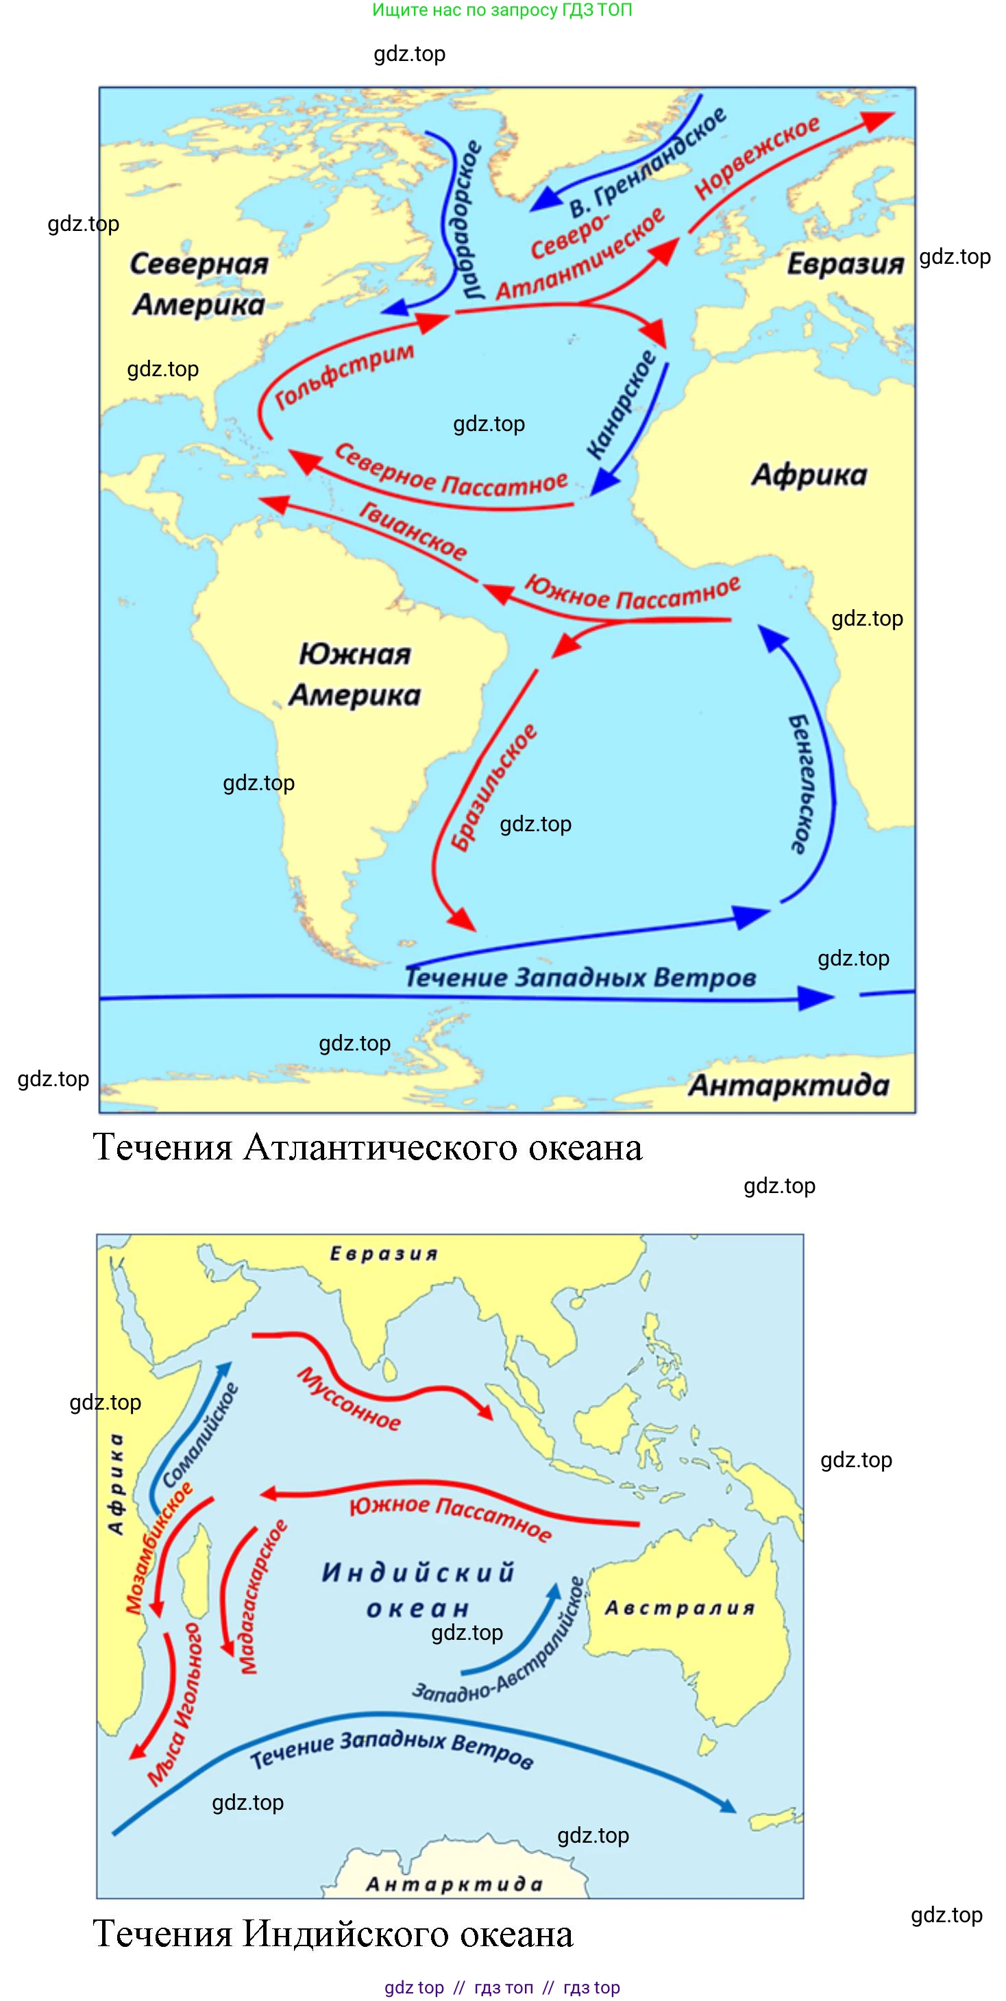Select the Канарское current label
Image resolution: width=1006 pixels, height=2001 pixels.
(622, 404)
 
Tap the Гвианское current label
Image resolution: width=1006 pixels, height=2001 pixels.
(413, 531)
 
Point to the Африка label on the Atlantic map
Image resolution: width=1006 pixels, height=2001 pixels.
(809, 475)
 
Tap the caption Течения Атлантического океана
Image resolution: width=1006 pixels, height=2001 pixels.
(367, 1147)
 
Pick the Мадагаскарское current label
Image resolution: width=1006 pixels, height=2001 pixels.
(262, 1596)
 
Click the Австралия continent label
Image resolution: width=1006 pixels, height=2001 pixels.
(679, 1608)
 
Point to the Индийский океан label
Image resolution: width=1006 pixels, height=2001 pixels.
(418, 1590)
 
